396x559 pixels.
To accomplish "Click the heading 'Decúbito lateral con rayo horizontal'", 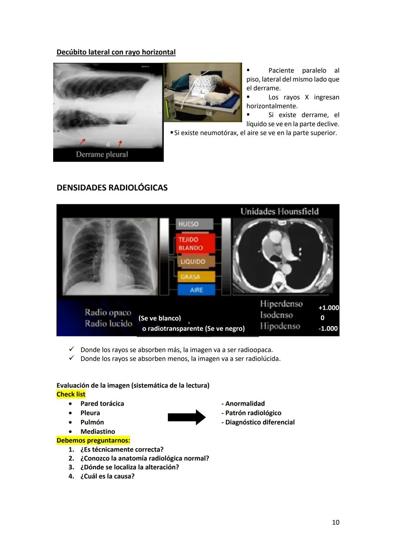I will pos(116,52).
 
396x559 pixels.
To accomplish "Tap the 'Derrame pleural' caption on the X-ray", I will pos(102,154).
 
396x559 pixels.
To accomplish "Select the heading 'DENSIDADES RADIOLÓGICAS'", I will pos(112,187).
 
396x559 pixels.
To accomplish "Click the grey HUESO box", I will pos(195,224).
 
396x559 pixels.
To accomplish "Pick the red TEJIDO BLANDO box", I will pos(195,243).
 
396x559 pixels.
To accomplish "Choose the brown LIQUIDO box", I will pos(195,262).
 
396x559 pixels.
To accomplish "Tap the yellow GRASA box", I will pos(195,277).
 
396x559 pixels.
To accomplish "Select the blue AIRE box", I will pos(196,290).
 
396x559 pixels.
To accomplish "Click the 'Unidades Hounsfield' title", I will pos(279,211).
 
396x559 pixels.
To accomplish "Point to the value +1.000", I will pos(329,308).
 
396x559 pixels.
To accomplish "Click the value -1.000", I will pos(328,328).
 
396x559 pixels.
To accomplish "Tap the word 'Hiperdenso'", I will pos(281,303).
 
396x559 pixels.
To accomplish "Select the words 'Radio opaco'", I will pos(108,312).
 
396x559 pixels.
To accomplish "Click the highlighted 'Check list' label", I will pos(71,394).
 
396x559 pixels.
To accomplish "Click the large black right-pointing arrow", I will pos(187,417).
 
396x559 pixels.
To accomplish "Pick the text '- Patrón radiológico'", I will pos(251,413).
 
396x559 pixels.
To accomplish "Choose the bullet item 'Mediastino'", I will pos(98,432).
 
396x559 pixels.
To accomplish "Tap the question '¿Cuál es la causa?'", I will pos(107,476).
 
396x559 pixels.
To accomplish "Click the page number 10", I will pos(335,522).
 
